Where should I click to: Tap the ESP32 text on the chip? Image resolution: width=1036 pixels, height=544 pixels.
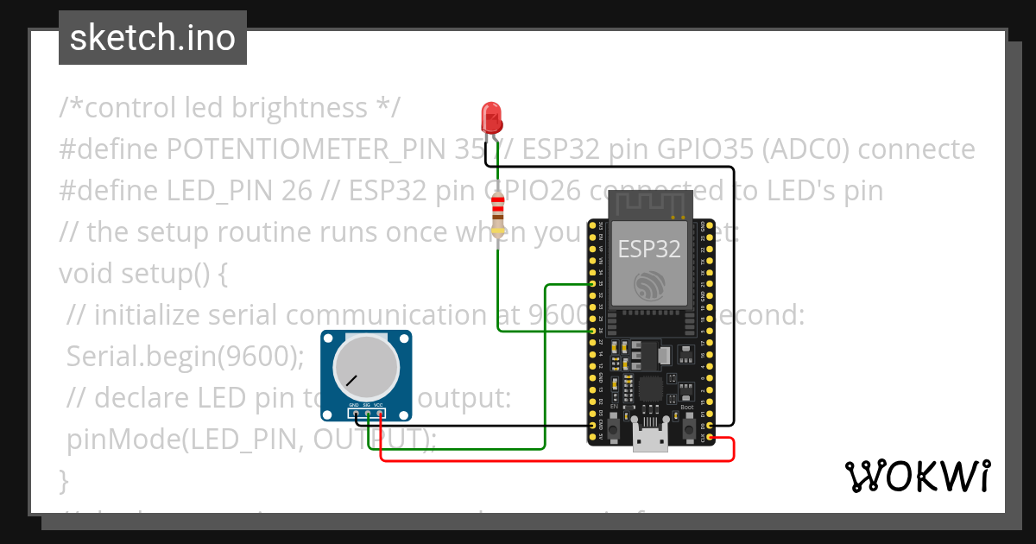click(649, 250)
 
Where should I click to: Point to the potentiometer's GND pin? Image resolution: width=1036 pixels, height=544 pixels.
click(355, 413)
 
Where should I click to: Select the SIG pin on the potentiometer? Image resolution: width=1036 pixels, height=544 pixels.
click(367, 413)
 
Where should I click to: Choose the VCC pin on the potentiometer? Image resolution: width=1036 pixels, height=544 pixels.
click(379, 413)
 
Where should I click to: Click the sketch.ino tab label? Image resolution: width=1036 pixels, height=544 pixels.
click(153, 38)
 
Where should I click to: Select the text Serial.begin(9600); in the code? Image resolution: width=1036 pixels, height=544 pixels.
click(186, 356)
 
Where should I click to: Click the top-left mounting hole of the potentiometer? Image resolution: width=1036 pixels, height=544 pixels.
click(329, 338)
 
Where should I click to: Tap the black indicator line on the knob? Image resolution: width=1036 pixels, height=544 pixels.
click(351, 380)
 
